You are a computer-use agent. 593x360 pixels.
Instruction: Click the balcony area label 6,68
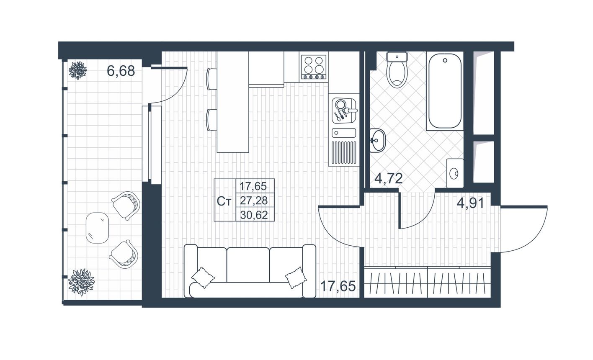point(121,71)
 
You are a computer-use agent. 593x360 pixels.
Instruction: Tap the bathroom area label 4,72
point(388,178)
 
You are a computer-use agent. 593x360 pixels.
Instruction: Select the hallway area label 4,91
point(470,203)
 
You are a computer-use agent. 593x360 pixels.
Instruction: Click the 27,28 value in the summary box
point(254,201)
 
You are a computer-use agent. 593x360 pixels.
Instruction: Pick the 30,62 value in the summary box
point(254,215)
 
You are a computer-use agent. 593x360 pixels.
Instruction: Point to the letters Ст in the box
point(224,201)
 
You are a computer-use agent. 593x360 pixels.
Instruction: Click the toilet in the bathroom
point(397,70)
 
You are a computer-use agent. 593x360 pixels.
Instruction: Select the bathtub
point(445,91)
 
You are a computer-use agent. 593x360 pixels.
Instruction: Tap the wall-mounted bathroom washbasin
point(378,140)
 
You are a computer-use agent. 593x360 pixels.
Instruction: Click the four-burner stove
point(314,67)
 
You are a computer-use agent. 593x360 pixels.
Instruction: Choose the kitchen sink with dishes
point(344,110)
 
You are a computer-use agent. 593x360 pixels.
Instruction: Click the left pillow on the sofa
point(203,277)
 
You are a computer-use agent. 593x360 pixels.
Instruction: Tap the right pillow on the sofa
point(296,278)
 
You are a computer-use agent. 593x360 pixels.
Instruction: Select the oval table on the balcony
point(97,228)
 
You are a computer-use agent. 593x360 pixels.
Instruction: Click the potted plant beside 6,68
point(78,70)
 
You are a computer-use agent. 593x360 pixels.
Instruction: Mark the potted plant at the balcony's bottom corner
point(81,282)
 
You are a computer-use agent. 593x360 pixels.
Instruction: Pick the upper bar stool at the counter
point(212,79)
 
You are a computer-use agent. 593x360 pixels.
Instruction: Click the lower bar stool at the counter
point(212,120)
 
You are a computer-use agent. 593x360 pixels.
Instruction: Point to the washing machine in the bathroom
point(455,173)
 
